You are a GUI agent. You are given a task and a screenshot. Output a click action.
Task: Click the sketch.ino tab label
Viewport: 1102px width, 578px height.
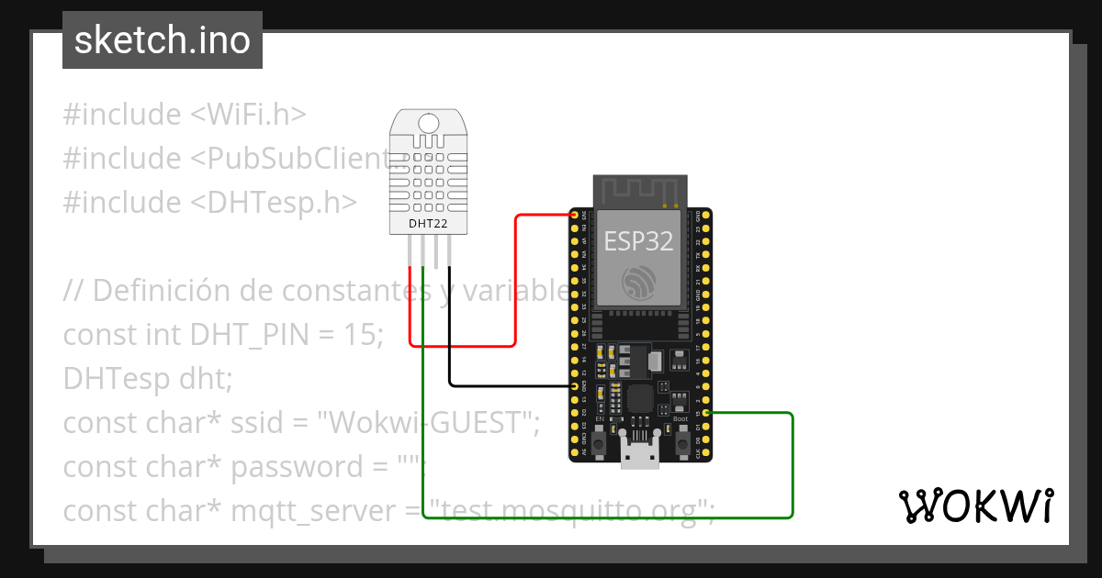click(x=162, y=40)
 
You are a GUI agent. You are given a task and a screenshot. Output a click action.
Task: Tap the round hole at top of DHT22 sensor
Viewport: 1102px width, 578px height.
click(x=429, y=122)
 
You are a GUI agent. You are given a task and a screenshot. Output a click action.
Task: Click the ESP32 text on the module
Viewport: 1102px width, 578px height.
click(x=638, y=241)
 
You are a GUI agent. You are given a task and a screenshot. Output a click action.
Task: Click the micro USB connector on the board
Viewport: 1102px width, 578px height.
click(x=640, y=454)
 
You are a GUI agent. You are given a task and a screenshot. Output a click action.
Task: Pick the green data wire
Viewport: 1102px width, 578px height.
click(x=792, y=468)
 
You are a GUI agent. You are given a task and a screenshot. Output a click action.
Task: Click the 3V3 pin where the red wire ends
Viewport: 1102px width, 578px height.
click(x=576, y=216)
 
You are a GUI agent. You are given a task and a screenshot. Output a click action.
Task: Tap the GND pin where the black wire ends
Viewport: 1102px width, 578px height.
click(x=576, y=387)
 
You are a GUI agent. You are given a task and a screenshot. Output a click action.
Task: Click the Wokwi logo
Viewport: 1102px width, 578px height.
click(x=974, y=506)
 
